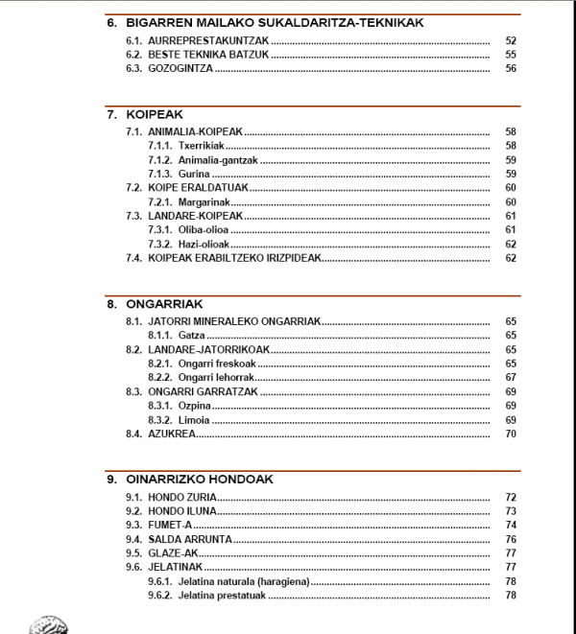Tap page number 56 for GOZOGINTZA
511,69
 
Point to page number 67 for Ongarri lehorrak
511,378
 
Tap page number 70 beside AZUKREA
511,434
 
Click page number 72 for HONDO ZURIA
511,498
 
